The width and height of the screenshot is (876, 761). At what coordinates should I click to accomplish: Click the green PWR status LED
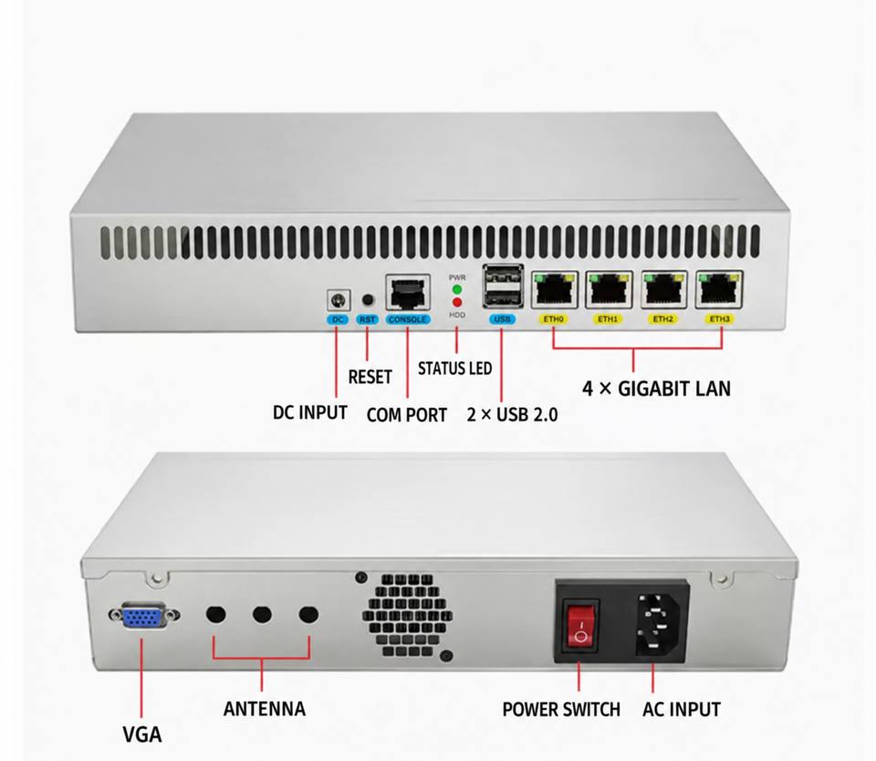coord(457,289)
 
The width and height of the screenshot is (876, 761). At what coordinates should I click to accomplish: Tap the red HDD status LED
coord(457,303)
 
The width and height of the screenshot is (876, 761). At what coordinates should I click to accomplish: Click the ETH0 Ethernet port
coord(554,289)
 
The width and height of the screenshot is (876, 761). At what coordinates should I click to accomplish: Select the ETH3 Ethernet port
coord(720,289)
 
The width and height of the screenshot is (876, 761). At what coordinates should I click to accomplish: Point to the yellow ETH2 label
coord(662,319)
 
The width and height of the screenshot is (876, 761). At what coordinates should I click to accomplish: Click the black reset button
coord(368,300)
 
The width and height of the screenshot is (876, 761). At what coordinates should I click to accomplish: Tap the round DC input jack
coord(339,300)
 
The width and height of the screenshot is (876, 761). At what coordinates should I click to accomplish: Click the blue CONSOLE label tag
coord(408,319)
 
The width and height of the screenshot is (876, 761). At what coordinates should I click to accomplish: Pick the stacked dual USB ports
coord(503,287)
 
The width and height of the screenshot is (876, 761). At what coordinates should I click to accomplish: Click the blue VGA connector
coord(144,616)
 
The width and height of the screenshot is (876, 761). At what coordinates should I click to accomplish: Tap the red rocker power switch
coord(580,625)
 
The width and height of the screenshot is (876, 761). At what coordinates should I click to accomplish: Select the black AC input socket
coord(661,623)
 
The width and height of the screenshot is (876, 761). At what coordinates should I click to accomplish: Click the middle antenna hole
coord(262,615)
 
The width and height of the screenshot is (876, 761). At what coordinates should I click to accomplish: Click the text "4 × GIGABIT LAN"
coord(656,389)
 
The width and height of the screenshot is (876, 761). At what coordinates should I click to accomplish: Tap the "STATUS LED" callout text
coord(454,369)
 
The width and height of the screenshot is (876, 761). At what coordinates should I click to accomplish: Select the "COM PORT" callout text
coord(407,415)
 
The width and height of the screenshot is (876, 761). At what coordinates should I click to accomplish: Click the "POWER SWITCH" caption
coord(561,710)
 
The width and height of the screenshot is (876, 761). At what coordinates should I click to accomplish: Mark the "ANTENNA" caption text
coord(265,709)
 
